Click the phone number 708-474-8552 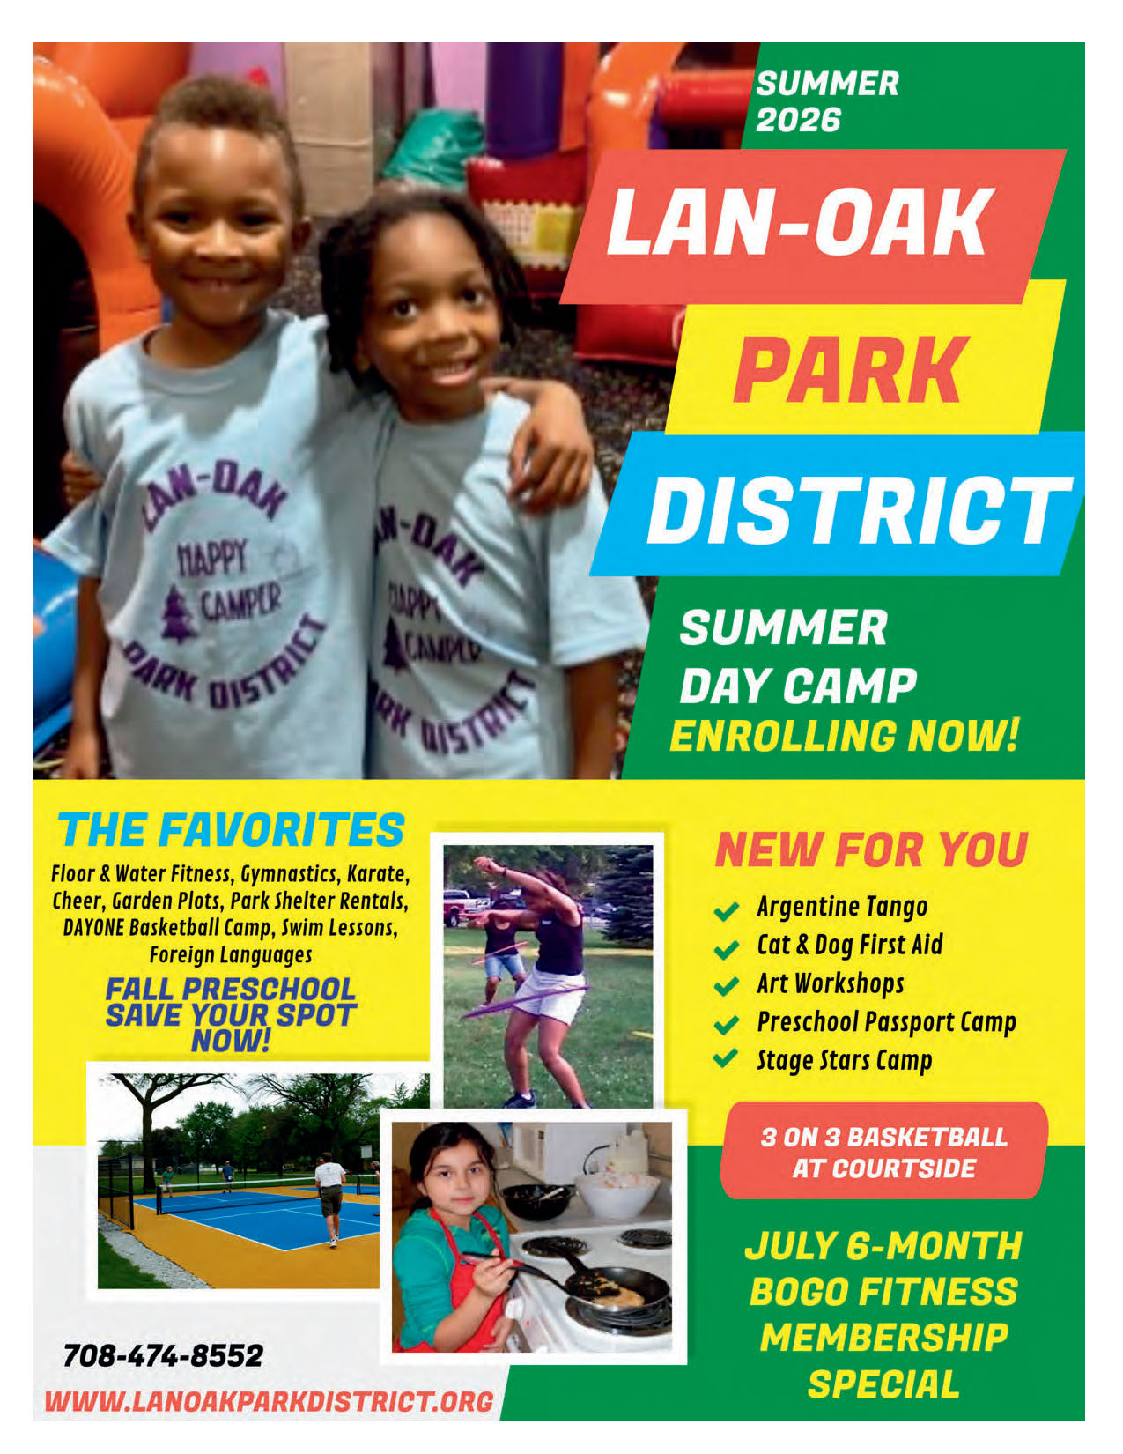coord(163,1354)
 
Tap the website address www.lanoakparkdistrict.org coord(269,1401)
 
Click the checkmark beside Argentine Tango coord(726,910)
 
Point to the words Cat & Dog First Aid coord(849,945)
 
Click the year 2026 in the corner coord(798,120)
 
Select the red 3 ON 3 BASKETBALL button coord(883,1151)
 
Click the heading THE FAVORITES coord(232,830)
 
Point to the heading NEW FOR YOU coord(871,849)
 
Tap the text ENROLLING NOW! coord(844,736)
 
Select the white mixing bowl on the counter coord(617,1194)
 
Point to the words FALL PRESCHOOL coord(230,990)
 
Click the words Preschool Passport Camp coord(886,1022)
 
